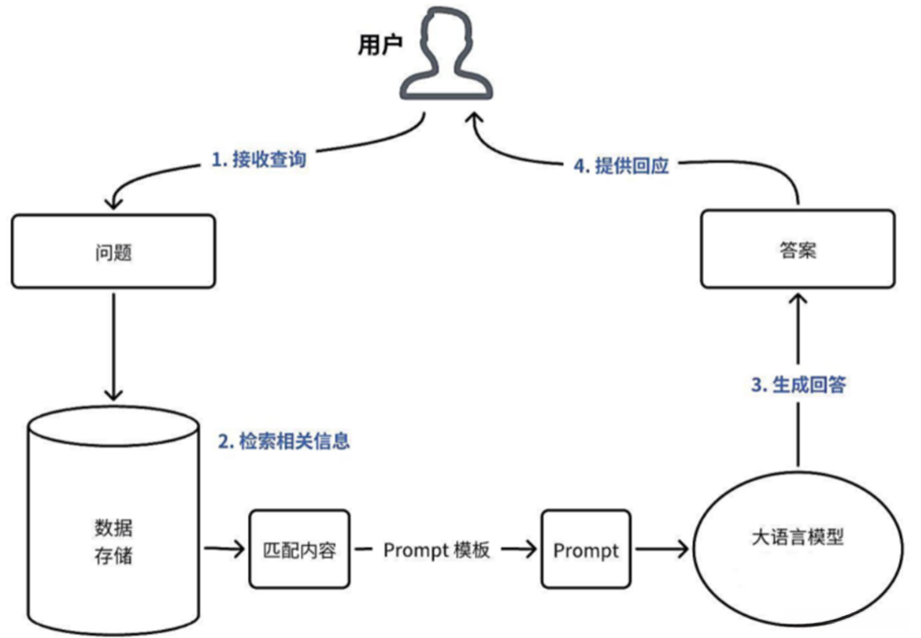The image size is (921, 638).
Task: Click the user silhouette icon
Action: click(446, 54)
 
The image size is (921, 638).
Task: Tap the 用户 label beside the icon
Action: click(380, 45)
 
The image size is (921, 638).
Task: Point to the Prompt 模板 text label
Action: click(437, 550)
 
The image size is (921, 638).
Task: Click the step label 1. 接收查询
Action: click(259, 159)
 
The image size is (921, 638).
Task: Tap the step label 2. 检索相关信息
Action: click(284, 441)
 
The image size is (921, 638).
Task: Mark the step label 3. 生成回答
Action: click(798, 385)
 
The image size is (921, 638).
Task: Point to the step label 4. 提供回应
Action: click(621, 165)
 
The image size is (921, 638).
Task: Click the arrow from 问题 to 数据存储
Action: click(113, 346)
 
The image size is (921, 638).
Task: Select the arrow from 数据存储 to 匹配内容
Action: click(224, 549)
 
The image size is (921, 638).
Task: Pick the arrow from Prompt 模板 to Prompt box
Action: click(519, 549)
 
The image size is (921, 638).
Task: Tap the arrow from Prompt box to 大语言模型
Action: click(663, 549)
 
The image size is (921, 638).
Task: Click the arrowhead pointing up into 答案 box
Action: click(797, 299)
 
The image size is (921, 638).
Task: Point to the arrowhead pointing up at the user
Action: click(475, 119)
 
